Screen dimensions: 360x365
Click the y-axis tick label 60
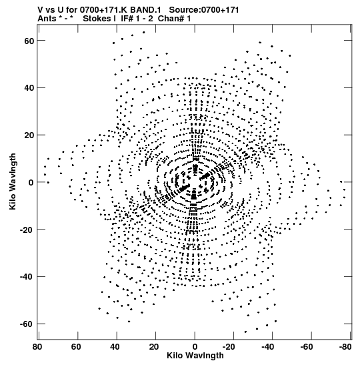coord(29,41)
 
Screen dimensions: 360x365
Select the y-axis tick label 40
coord(29,88)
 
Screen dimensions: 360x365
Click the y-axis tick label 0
coord(31,182)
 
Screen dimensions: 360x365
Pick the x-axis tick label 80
coord(37,347)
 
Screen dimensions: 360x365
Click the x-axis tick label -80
coord(344,347)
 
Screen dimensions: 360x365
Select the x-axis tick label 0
coord(195,347)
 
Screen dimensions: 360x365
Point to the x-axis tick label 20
coord(154,347)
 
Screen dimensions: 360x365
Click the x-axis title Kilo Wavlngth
coord(195,356)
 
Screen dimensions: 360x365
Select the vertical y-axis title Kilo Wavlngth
coord(12,181)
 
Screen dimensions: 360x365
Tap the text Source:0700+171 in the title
coord(204,10)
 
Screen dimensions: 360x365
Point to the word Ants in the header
coord(47,19)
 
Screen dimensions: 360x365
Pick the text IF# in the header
coord(127,19)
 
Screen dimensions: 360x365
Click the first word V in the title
coord(40,10)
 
